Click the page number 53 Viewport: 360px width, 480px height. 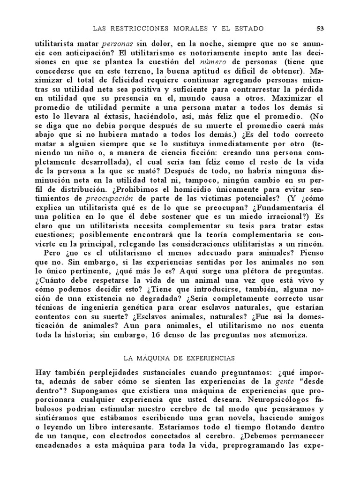321,29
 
